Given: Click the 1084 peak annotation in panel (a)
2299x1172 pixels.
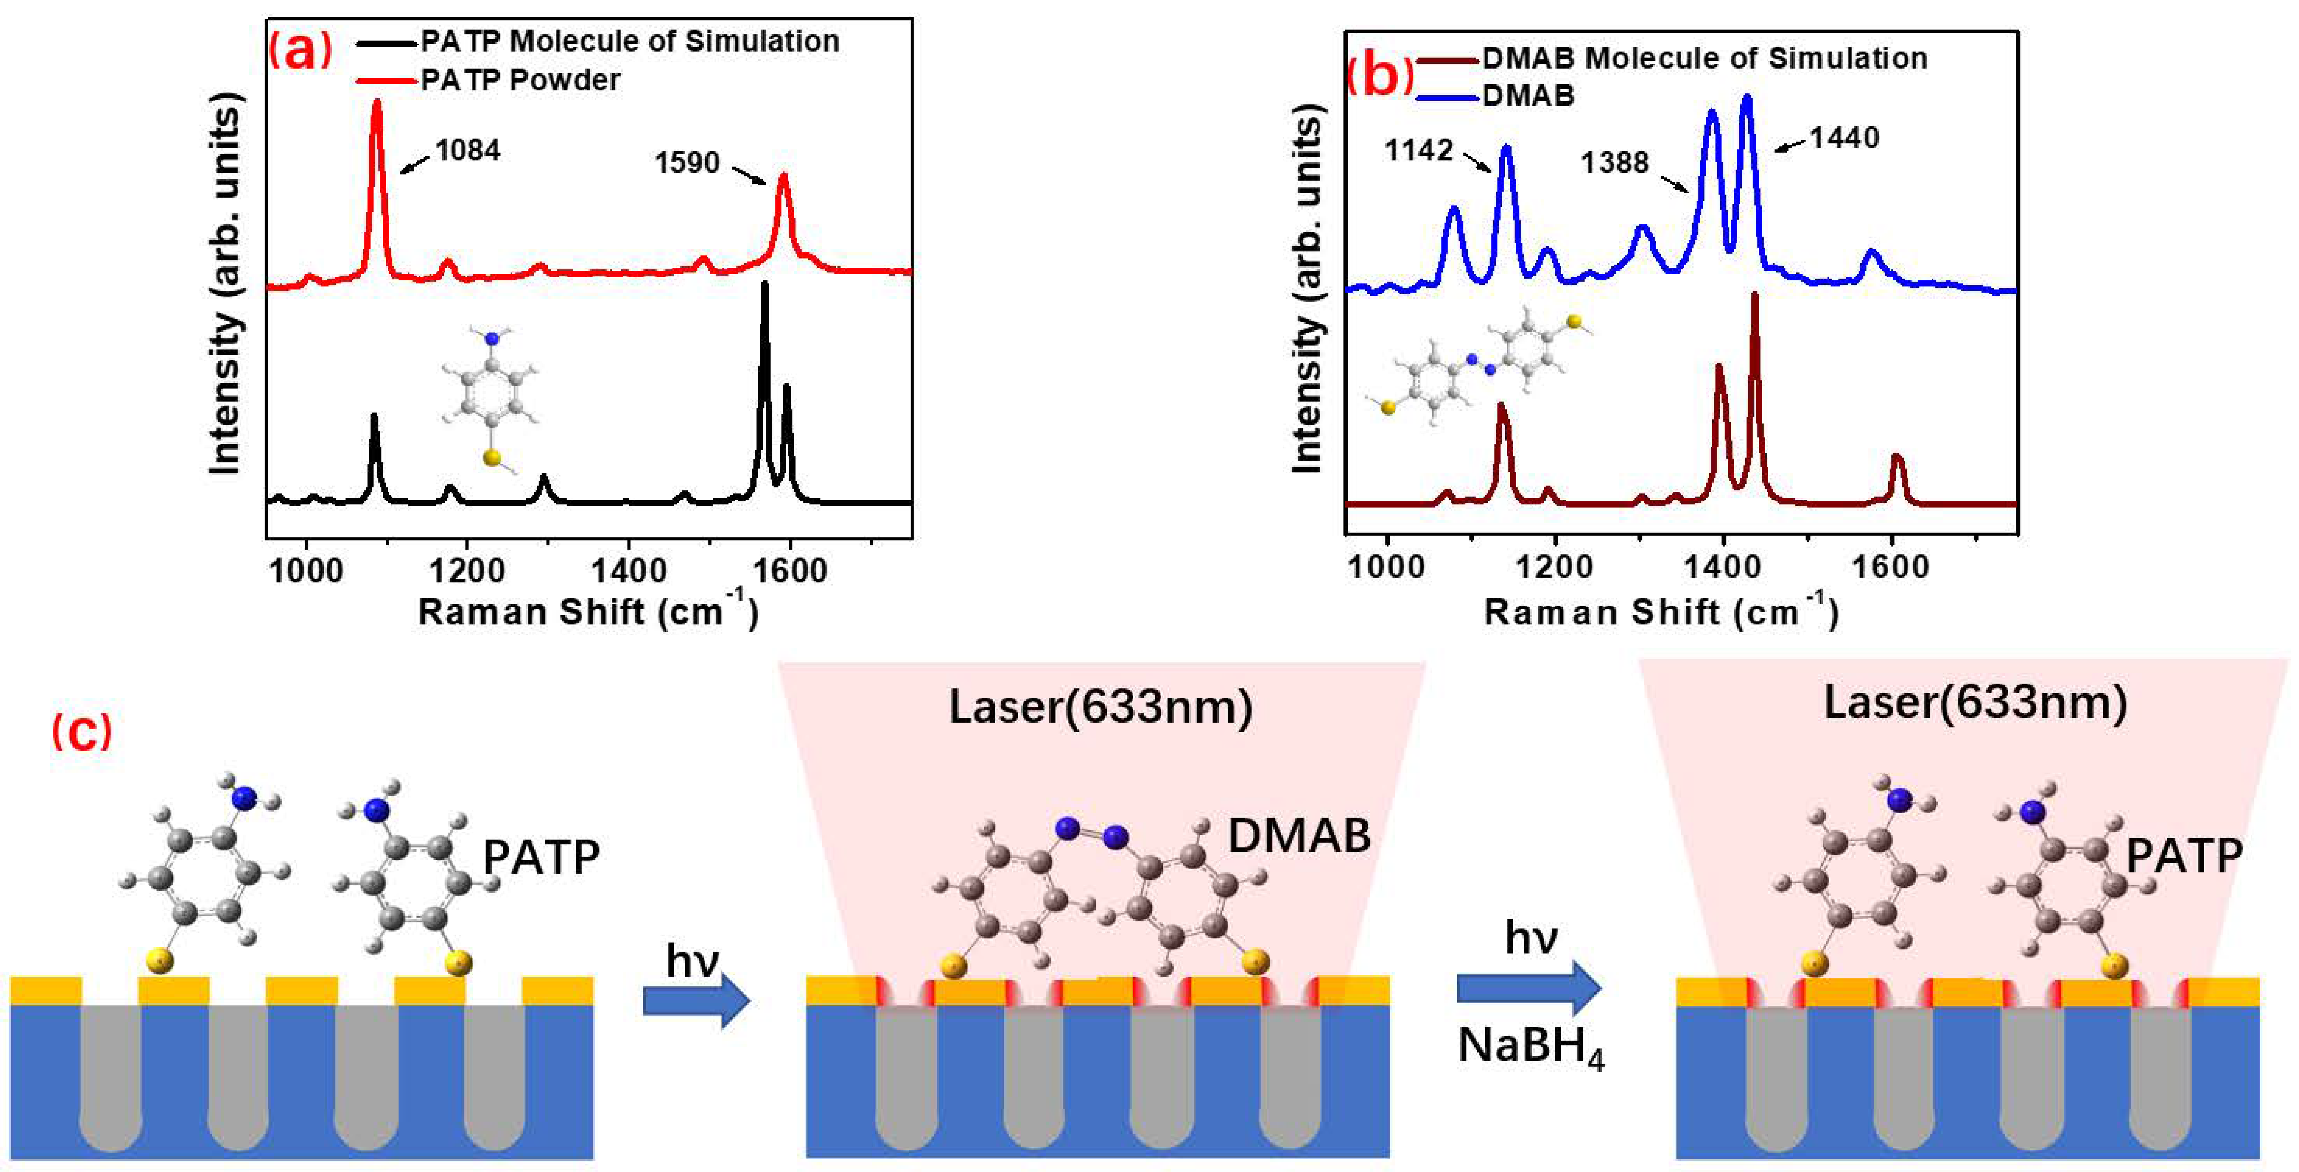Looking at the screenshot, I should pyautogui.click(x=468, y=150).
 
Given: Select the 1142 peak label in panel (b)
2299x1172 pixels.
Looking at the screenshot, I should pyautogui.click(x=1419, y=150).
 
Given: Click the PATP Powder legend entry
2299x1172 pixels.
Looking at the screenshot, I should pyautogui.click(x=520, y=80).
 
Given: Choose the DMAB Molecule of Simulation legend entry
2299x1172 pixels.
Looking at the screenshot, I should pyautogui.click(x=1705, y=58).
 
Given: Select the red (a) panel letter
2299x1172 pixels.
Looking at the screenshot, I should pyautogui.click(x=300, y=51).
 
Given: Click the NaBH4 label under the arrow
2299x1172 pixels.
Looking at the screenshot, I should pyautogui.click(x=1531, y=1046).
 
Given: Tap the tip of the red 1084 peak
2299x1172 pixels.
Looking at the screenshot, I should pyautogui.click(x=377, y=103).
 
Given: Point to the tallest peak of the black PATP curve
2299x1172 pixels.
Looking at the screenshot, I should pyautogui.click(x=764, y=286).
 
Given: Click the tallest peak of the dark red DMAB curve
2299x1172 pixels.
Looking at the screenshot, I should pyautogui.click(x=1754, y=295).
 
